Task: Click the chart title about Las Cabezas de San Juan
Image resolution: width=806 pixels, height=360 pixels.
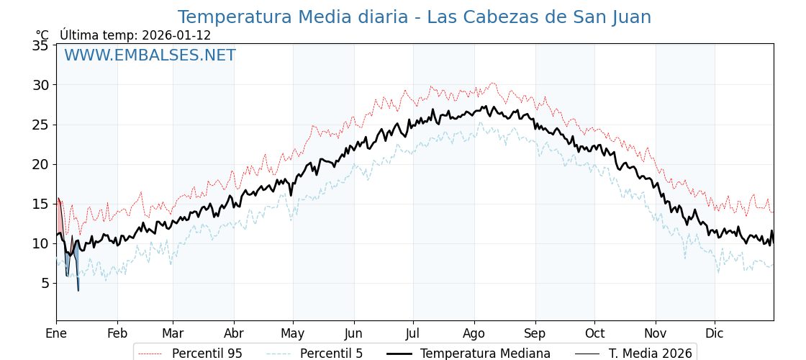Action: coord(414,17)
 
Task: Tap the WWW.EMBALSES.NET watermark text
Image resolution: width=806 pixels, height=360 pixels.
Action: coord(150,55)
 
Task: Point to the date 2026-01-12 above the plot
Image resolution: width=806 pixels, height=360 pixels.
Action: coord(176,35)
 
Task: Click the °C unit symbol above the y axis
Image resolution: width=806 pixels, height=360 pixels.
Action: coord(42,35)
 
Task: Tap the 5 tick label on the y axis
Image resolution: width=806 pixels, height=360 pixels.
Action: coord(45,283)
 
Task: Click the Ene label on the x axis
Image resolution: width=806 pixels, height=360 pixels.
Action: coord(56,333)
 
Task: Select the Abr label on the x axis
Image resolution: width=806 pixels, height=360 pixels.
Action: coord(234,333)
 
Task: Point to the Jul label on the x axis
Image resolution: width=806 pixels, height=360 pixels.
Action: coord(413,333)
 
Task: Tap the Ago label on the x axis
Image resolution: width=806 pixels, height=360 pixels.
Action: coord(474,333)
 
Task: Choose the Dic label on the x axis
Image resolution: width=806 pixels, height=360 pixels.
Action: coord(715,333)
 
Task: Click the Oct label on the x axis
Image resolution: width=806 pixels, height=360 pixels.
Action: coord(594,333)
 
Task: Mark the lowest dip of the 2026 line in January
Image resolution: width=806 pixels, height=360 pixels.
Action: coord(78,290)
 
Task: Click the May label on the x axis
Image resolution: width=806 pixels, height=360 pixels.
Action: coord(293,333)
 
